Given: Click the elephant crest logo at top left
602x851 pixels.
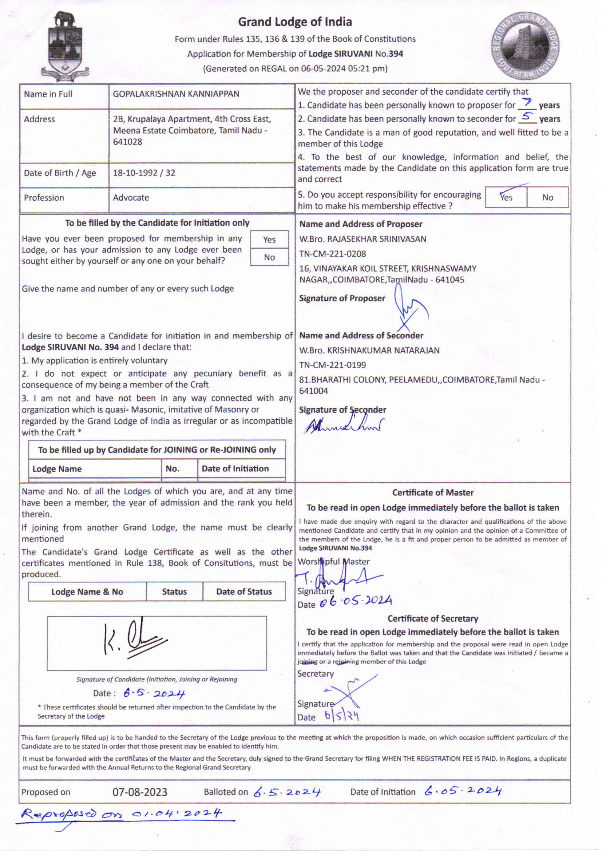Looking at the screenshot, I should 65,46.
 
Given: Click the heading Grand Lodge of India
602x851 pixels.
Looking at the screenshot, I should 295,22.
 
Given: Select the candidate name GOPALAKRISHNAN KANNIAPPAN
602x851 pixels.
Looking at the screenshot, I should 176,94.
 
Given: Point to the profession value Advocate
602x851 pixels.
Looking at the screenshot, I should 131,198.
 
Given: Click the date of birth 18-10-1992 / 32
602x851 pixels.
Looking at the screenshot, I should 144,173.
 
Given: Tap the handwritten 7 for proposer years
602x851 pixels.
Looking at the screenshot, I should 527,103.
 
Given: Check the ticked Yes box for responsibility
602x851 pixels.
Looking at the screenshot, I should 506,197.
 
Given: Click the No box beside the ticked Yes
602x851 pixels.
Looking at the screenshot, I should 547,198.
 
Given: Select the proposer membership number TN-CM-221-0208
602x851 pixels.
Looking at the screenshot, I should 333,254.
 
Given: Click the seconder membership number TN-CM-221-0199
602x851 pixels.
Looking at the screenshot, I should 333,365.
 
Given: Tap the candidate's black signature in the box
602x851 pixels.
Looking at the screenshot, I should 134,640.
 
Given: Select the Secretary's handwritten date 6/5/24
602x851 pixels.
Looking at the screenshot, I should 342,716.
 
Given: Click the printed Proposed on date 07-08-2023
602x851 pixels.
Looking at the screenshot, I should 140,792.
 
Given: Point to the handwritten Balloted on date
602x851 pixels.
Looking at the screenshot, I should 287,792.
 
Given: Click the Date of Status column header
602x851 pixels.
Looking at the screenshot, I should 244,591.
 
